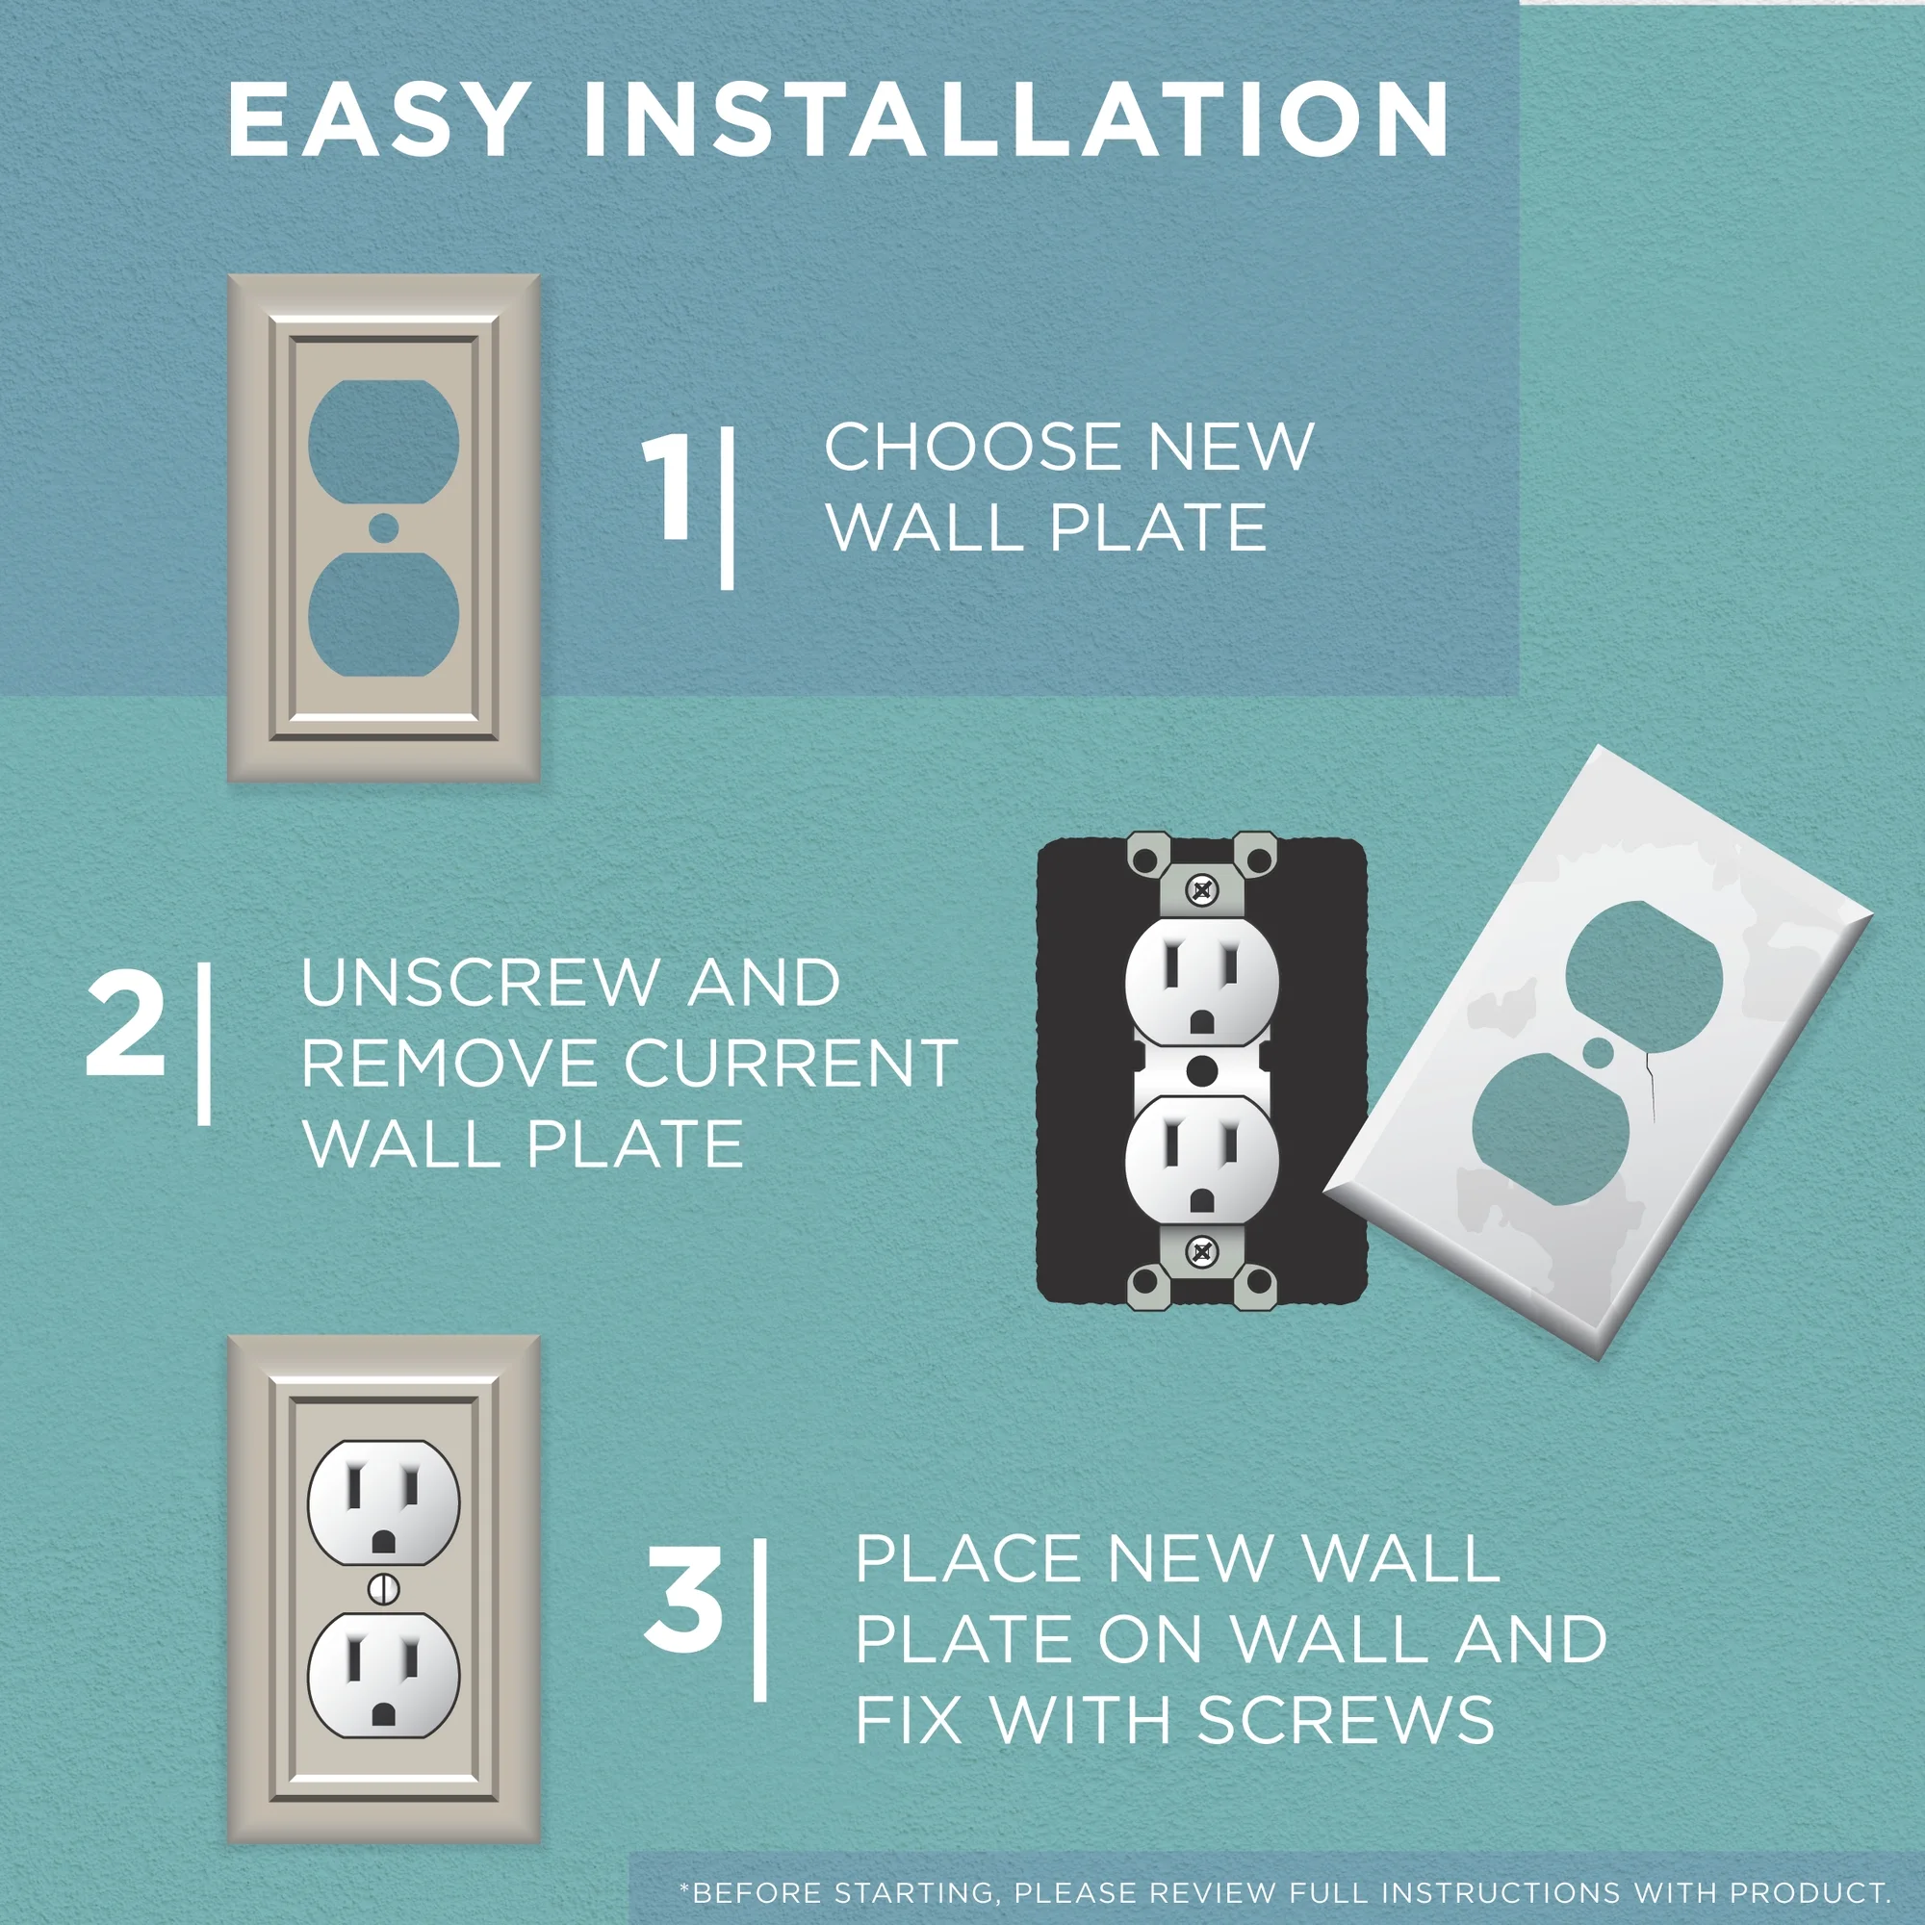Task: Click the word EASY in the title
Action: [376, 119]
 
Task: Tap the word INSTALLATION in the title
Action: [1016, 119]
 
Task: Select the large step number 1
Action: [669, 488]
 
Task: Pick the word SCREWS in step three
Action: [1346, 1719]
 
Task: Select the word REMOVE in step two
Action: [453, 1064]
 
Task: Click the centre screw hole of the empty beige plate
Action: [384, 528]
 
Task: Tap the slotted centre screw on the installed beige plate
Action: [384, 1588]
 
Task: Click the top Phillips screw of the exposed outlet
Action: [1202, 889]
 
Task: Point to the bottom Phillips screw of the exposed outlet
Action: [1202, 1251]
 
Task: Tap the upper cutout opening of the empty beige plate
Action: [384, 441]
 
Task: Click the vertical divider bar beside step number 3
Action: [760, 1619]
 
